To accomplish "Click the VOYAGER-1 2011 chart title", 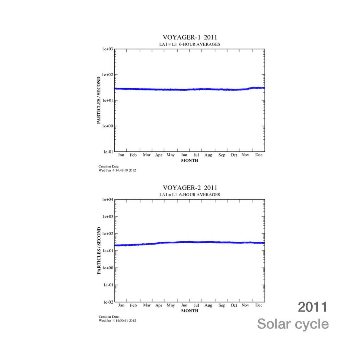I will pyautogui.click(x=190, y=37).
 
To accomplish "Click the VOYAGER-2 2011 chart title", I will pyautogui.click(x=190, y=188).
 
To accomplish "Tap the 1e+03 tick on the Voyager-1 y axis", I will pyautogui.click(x=107, y=49).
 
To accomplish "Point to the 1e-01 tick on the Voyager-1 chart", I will pyautogui.click(x=108, y=152).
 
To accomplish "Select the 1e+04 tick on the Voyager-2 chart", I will pyautogui.click(x=107, y=199).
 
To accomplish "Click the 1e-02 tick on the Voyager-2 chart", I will pyautogui.click(x=108, y=302).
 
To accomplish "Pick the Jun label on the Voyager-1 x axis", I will pyautogui.click(x=184, y=155).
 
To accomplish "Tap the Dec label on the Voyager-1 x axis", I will pyautogui.click(x=259, y=155).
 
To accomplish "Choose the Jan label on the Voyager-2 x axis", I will pyautogui.click(x=121, y=305).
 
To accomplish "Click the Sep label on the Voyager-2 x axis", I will pyautogui.click(x=222, y=305).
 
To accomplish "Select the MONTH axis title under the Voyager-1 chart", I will pyautogui.click(x=190, y=160).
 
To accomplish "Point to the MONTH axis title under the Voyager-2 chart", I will pyautogui.click(x=190, y=311).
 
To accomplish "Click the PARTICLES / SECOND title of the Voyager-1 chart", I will pyautogui.click(x=99, y=100).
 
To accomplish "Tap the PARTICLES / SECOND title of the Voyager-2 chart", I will pyautogui.click(x=99, y=251).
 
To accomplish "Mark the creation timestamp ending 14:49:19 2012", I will pyautogui.click(x=117, y=170).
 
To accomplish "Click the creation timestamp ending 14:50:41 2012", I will pyautogui.click(x=117, y=321).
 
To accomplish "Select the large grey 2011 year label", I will pyautogui.click(x=312, y=307).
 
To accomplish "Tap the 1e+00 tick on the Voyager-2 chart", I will pyautogui.click(x=107, y=268).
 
